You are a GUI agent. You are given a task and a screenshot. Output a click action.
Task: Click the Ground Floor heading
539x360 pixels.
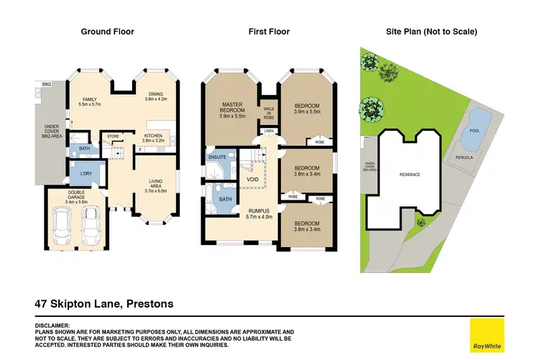pos(107,32)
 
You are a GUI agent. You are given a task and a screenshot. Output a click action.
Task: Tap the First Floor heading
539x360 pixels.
pos(268,32)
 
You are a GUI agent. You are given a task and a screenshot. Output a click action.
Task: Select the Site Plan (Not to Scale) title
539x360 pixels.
pos(432,32)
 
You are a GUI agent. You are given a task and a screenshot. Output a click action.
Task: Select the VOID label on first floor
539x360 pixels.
pos(252,179)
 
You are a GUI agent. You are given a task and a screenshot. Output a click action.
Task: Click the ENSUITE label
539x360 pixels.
pos(217,157)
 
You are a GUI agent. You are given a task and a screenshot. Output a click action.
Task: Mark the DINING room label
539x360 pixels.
pos(156,96)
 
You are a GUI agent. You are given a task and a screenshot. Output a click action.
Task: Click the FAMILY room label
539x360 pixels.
pos(90,101)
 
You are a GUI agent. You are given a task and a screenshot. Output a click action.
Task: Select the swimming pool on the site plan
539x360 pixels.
pos(479,122)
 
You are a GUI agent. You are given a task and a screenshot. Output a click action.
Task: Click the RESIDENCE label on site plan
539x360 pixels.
pos(410,175)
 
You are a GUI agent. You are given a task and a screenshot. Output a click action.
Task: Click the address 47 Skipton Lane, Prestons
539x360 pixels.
pos(105,304)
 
